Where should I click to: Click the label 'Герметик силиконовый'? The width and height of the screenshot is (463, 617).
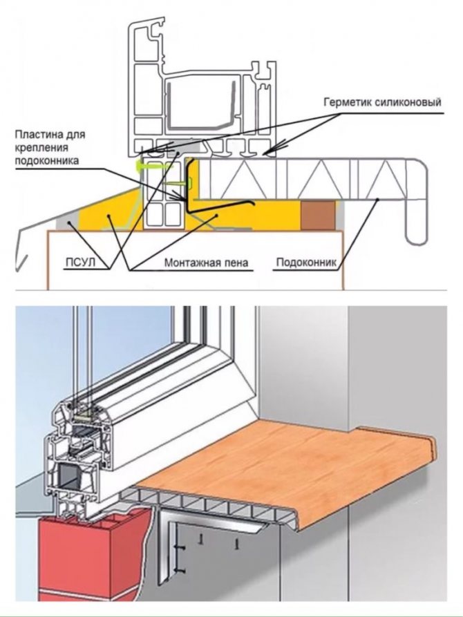381,102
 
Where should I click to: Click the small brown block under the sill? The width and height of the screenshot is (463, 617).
319,214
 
